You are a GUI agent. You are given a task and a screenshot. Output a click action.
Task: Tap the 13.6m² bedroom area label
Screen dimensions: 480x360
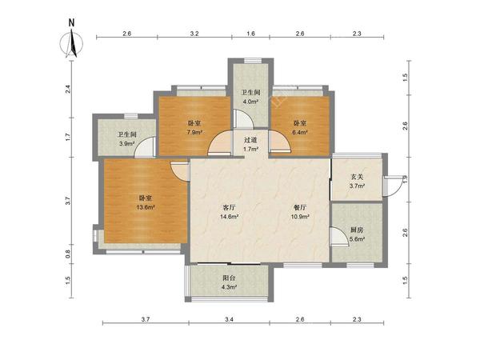146,207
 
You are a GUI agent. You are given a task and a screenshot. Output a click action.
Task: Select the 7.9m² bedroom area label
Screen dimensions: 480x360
194,132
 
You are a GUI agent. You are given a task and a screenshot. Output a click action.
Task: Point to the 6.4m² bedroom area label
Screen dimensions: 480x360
300,132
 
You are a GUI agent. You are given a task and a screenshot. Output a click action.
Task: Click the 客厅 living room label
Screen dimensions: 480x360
229,207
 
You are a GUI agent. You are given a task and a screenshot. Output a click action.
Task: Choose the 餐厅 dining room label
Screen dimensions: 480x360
300,207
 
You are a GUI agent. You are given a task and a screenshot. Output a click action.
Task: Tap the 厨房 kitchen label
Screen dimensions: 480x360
357,230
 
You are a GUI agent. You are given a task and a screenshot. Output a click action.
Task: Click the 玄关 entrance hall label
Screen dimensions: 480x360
357,177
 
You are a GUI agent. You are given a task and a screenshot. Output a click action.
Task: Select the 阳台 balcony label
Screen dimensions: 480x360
229,278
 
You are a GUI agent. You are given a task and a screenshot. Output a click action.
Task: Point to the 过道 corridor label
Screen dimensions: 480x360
250,140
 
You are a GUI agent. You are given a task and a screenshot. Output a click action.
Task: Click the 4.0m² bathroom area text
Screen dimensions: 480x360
250,102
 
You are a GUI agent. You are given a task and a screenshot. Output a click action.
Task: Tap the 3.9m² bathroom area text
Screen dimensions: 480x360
127,143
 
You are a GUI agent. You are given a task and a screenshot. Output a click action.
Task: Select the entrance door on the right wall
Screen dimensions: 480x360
393,186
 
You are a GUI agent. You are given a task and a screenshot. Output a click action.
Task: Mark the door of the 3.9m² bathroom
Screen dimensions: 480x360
145,147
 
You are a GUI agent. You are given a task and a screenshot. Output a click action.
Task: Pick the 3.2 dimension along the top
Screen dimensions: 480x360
194,34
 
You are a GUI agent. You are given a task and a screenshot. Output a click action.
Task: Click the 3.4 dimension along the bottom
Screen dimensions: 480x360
229,319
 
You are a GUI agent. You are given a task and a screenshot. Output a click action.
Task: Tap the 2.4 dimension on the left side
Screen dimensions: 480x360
68,89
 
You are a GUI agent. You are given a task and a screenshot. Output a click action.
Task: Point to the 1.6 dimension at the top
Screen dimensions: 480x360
250,34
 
